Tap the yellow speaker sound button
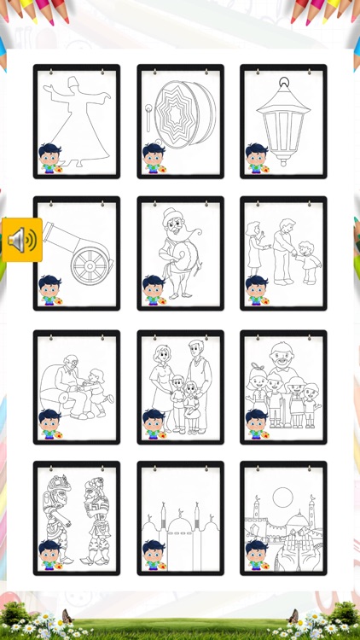pyautogui.click(x=21, y=240)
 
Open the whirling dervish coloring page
pyautogui.click(x=77, y=120)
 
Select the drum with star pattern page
pyautogui.click(x=180, y=120)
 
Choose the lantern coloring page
pyautogui.click(x=283, y=120)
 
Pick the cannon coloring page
pyautogui.click(x=77, y=253)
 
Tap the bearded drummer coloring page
pyautogui.click(x=180, y=253)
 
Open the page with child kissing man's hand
pyautogui.click(x=283, y=253)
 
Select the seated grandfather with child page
pyautogui.click(x=77, y=387)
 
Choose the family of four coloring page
pyautogui.click(x=180, y=387)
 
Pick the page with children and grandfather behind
pyautogui.click(x=283, y=387)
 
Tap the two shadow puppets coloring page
pyautogui.click(x=77, y=519)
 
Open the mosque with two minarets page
pyautogui.click(x=180, y=519)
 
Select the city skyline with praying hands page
pyautogui.click(x=283, y=519)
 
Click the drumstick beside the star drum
pyautogui.click(x=148, y=118)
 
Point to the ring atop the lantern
pyautogui.click(x=283, y=84)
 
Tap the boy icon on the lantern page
pyautogui.click(x=257, y=159)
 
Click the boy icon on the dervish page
pyautogui.click(x=50, y=159)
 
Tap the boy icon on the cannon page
pyautogui.click(x=50, y=291)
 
